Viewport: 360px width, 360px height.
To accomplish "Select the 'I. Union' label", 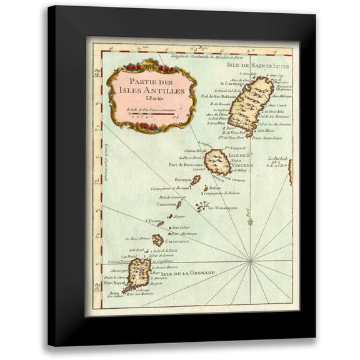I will pyautogui.click(x=154, y=221).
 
